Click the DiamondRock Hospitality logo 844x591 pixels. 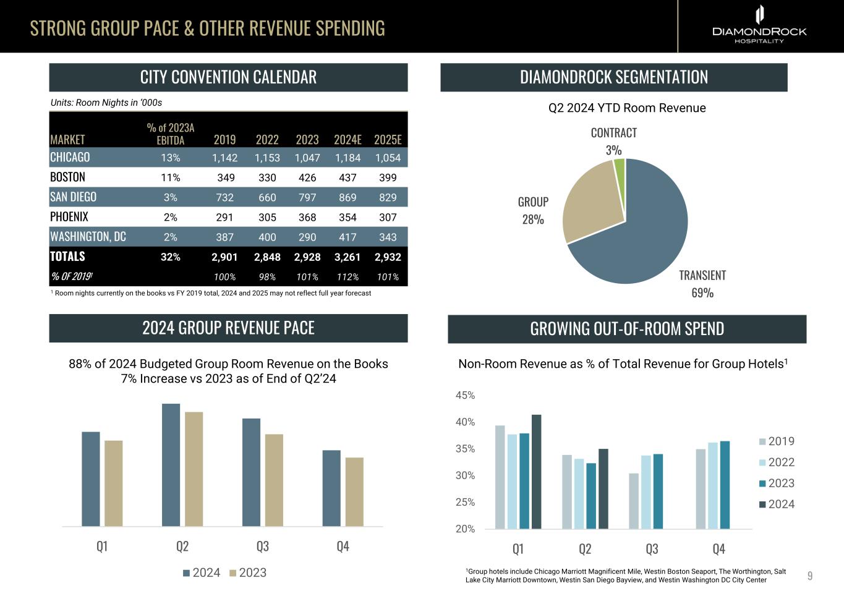tap(759, 25)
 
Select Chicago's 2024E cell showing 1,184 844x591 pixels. tap(347, 158)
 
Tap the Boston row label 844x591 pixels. tap(67, 177)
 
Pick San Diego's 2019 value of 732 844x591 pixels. tap(224, 197)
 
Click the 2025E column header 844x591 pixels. tap(388, 140)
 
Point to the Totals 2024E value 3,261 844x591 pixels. tap(347, 257)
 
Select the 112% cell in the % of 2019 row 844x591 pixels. tap(347, 277)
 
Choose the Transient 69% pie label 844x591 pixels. tap(702, 284)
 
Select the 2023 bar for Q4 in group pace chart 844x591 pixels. tap(354, 491)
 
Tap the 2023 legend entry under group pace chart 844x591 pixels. tap(247, 572)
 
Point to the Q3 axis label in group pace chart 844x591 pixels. tap(262, 546)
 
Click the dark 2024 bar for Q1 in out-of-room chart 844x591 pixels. tap(536, 472)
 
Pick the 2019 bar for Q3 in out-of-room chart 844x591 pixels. tap(634, 501)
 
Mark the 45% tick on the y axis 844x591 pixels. tap(465, 395)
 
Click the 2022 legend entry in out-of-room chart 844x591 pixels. tap(777, 462)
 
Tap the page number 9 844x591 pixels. tap(810, 576)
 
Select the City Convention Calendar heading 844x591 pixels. tap(228, 77)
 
